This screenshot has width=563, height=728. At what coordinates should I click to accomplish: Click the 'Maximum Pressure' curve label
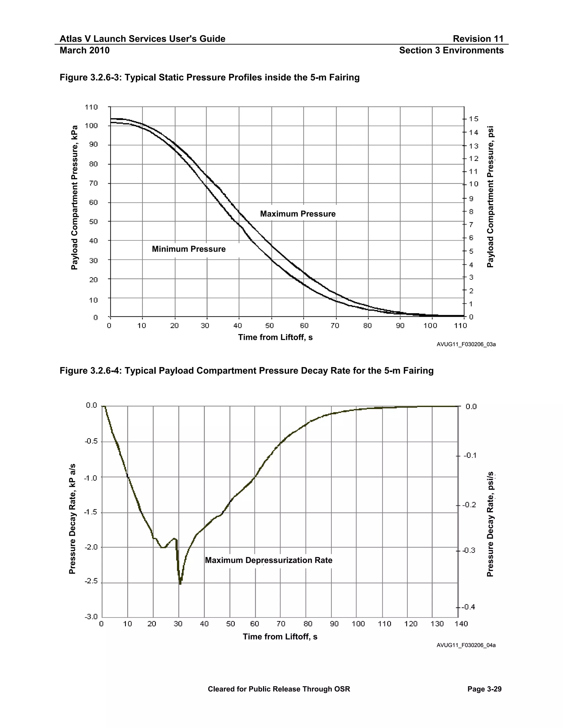coord(297,214)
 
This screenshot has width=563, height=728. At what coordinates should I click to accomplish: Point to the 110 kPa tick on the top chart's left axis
coord(91,107)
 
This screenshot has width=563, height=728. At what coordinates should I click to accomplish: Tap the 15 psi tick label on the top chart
coord(474,119)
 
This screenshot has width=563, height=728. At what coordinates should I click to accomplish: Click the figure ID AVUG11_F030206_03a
coord(466,344)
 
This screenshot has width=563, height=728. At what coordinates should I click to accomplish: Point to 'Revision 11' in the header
coord(478,39)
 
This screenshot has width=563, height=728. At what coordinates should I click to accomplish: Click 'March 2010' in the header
coord(84,50)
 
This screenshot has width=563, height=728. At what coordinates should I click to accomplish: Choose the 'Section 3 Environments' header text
coord(451,50)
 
